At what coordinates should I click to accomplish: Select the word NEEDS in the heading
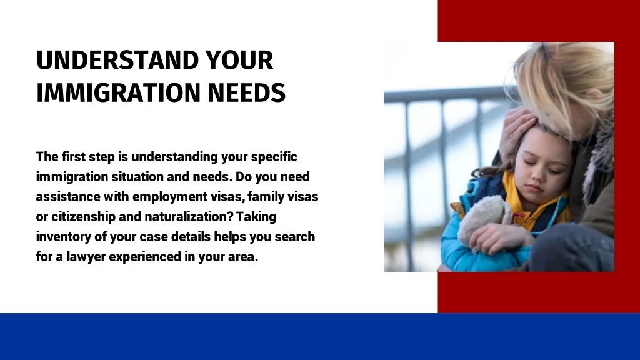(x=246, y=92)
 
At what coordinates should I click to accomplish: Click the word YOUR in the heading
(x=239, y=61)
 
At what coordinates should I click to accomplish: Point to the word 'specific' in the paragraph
(x=274, y=157)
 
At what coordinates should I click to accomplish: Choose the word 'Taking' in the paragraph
(x=256, y=217)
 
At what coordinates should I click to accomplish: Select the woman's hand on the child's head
(x=516, y=131)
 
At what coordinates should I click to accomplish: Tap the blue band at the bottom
(x=320, y=337)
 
